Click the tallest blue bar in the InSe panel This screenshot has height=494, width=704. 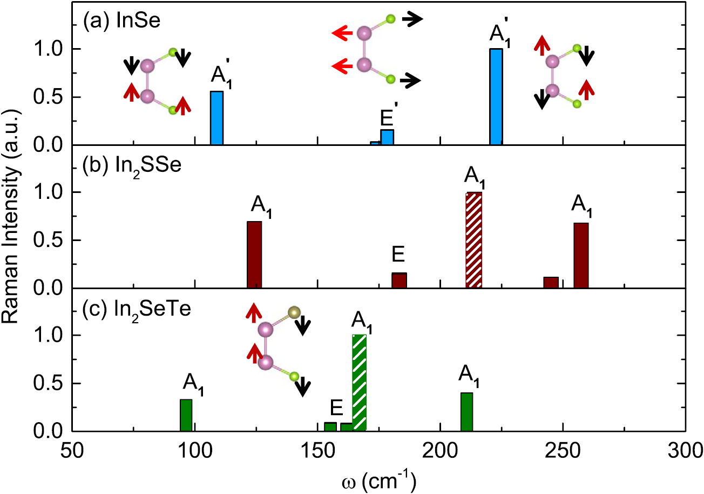[x=496, y=97]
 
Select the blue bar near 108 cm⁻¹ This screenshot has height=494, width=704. [x=216, y=118]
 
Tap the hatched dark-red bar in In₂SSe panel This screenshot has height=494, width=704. [x=473, y=240]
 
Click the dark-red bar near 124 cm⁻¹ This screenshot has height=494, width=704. [x=254, y=255]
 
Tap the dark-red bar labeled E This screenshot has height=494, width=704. [x=399, y=281]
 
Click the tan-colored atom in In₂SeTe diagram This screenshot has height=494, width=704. [x=294, y=312]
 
